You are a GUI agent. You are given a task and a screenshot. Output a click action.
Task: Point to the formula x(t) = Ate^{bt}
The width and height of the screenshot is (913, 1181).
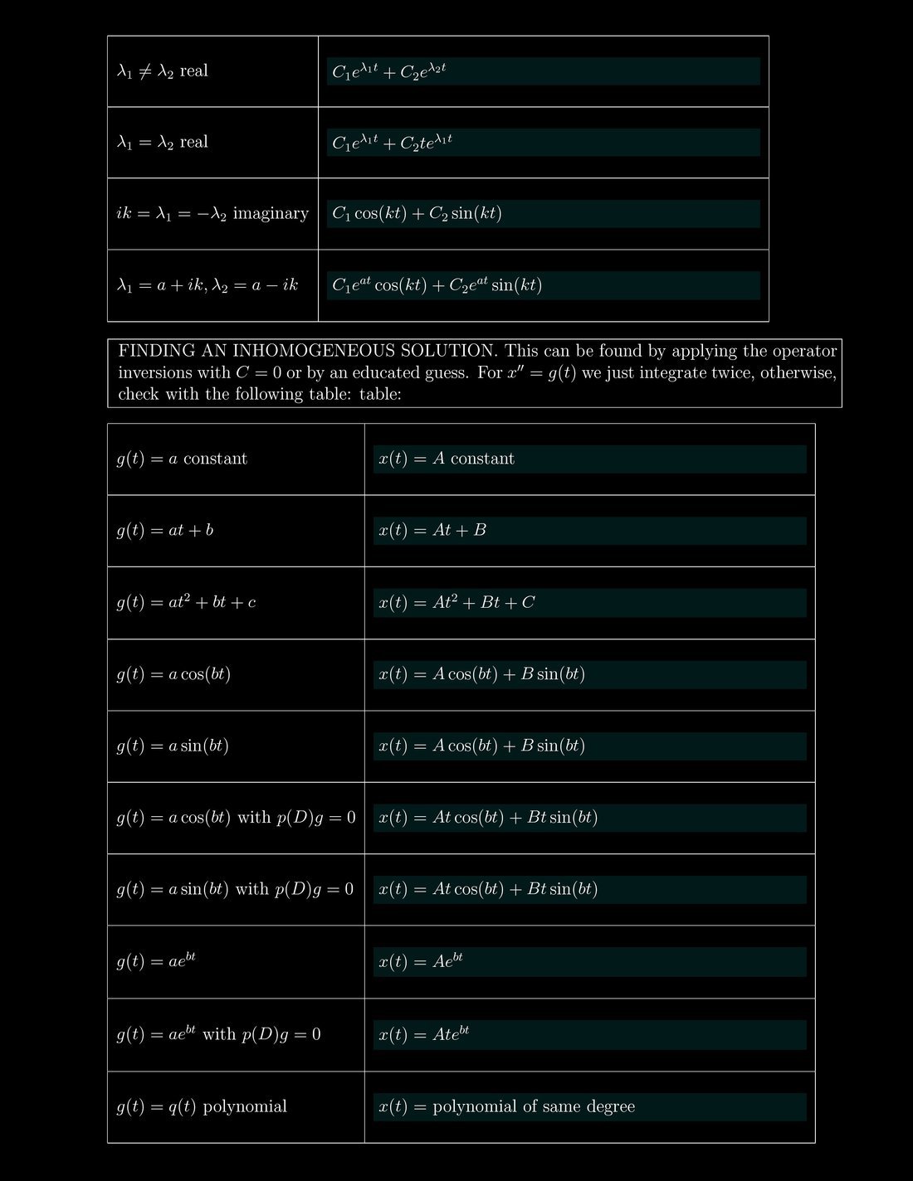423,1034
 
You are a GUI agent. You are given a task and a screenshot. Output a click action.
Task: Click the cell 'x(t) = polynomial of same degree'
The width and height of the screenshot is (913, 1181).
506,1106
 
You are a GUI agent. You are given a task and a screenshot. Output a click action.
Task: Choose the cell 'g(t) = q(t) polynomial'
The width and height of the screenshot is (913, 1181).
202,1106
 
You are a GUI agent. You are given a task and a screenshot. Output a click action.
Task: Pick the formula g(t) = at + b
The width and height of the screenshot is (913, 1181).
164,530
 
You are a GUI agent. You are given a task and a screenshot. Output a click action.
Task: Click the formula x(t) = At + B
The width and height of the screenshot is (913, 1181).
432,530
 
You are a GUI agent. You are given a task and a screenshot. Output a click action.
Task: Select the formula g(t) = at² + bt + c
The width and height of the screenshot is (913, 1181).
186,602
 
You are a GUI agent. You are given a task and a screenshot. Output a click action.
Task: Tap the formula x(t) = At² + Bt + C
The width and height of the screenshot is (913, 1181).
456,602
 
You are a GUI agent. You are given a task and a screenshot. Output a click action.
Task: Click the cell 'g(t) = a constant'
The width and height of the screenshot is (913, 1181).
182,459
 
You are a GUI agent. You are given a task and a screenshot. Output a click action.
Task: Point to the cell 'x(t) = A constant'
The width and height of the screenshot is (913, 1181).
447,459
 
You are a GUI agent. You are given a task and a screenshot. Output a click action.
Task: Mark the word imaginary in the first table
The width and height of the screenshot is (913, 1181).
271,214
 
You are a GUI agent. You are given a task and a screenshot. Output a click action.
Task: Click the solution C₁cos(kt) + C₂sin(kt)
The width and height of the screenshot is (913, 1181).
417,214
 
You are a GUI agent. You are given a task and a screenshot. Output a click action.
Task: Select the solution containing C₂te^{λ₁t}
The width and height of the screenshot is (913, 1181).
392,142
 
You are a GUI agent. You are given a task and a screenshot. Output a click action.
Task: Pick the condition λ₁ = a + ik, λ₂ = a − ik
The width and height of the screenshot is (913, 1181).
207,285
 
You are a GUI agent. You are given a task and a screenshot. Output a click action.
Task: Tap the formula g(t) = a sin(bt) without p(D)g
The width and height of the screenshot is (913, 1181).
173,746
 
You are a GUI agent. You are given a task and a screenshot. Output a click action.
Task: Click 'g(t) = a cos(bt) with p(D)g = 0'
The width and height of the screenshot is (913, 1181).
236,818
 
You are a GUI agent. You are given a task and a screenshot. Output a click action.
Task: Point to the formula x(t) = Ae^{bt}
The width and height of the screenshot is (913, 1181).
420,961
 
